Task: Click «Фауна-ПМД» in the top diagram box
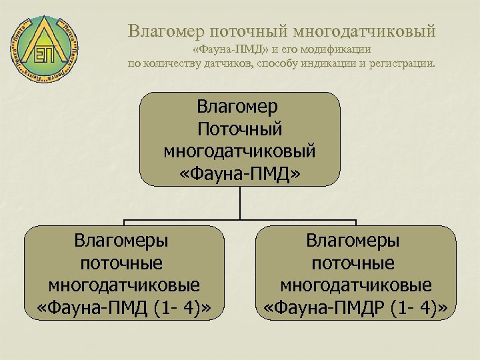[x=240, y=173]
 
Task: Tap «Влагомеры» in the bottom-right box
[x=355, y=240]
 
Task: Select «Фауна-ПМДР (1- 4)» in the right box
[x=355, y=309]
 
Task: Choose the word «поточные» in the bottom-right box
[x=355, y=263]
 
